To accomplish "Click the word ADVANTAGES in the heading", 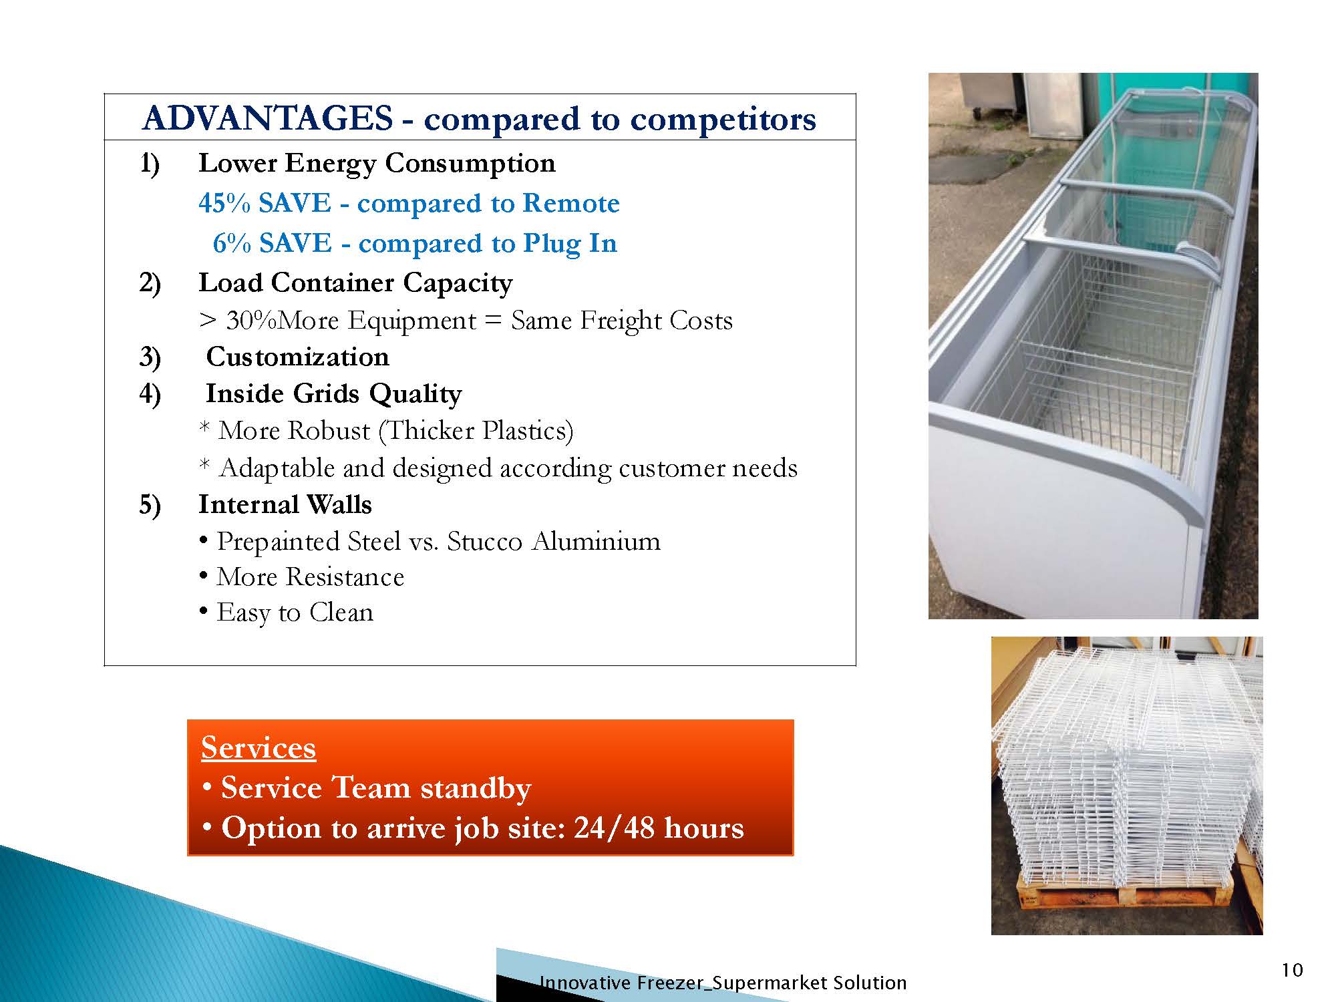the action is (x=268, y=119).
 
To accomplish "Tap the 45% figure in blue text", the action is (x=224, y=203).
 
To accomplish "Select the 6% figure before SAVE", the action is (x=232, y=243).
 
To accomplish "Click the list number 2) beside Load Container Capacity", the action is (x=150, y=284).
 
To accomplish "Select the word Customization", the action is (x=298, y=357).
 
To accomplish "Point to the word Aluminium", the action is (x=597, y=541).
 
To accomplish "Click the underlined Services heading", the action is (x=259, y=747).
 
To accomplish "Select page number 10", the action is (x=1293, y=970).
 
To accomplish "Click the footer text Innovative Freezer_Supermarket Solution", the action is (x=723, y=983).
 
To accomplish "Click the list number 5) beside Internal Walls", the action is (x=150, y=505).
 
